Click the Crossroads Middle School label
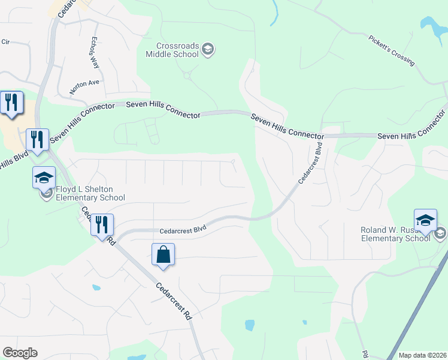(172, 50)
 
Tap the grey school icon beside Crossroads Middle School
(207, 50)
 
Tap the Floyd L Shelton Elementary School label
(90, 194)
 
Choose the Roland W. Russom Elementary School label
(395, 234)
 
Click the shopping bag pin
(163, 254)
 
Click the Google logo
(20, 352)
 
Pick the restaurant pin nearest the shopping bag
(102, 224)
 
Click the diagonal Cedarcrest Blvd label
(311, 163)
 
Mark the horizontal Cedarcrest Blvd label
(183, 229)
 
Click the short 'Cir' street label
(6, 41)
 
